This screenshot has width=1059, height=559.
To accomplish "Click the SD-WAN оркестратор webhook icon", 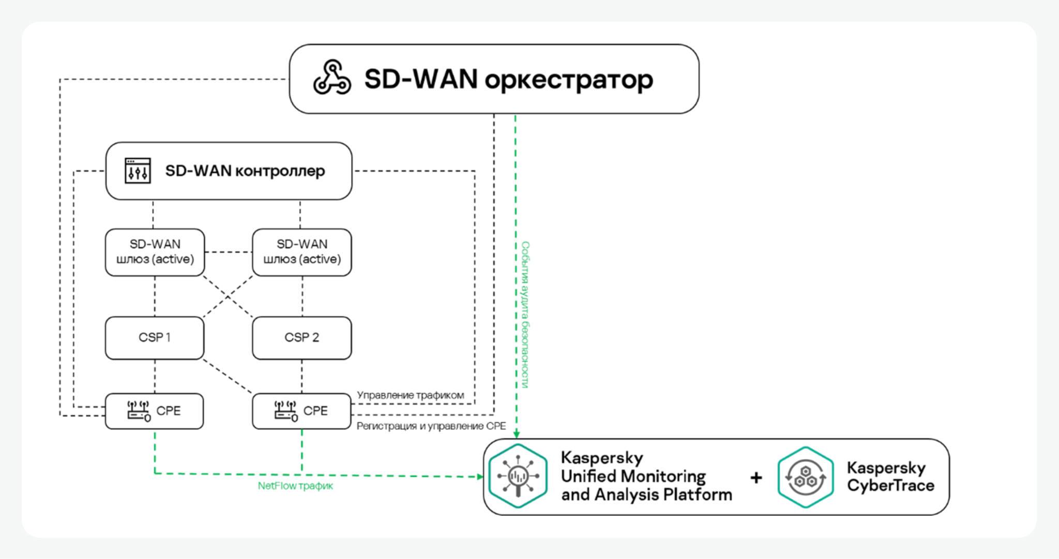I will point(332,79).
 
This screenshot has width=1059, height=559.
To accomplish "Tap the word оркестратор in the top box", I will point(569,80).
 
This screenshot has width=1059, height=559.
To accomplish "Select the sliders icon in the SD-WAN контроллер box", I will point(138,170).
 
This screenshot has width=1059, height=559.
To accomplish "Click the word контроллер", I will point(280,171).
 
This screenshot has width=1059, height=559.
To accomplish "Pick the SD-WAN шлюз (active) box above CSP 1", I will point(155,252).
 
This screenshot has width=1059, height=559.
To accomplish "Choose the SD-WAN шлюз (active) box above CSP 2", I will point(302,252).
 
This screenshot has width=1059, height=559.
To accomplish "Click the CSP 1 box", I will point(155,338).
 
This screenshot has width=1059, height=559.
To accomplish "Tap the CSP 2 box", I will point(302,338).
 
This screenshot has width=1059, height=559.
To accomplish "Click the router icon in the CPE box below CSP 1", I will point(139,411).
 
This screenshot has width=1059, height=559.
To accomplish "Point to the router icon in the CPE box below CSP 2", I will point(286,411).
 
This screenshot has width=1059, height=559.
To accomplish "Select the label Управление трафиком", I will point(411,395).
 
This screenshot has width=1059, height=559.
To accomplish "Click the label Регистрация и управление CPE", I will point(431,426).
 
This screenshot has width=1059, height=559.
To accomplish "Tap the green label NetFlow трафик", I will point(295,486).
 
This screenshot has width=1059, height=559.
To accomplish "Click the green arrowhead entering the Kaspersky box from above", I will point(516,434).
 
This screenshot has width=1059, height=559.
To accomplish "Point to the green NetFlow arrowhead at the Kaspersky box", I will point(479,476).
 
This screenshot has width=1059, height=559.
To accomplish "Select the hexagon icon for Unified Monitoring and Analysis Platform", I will point(518,476).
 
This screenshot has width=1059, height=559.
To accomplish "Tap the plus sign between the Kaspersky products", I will point(756,477).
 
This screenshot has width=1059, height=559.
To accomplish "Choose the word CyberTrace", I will point(890,486).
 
